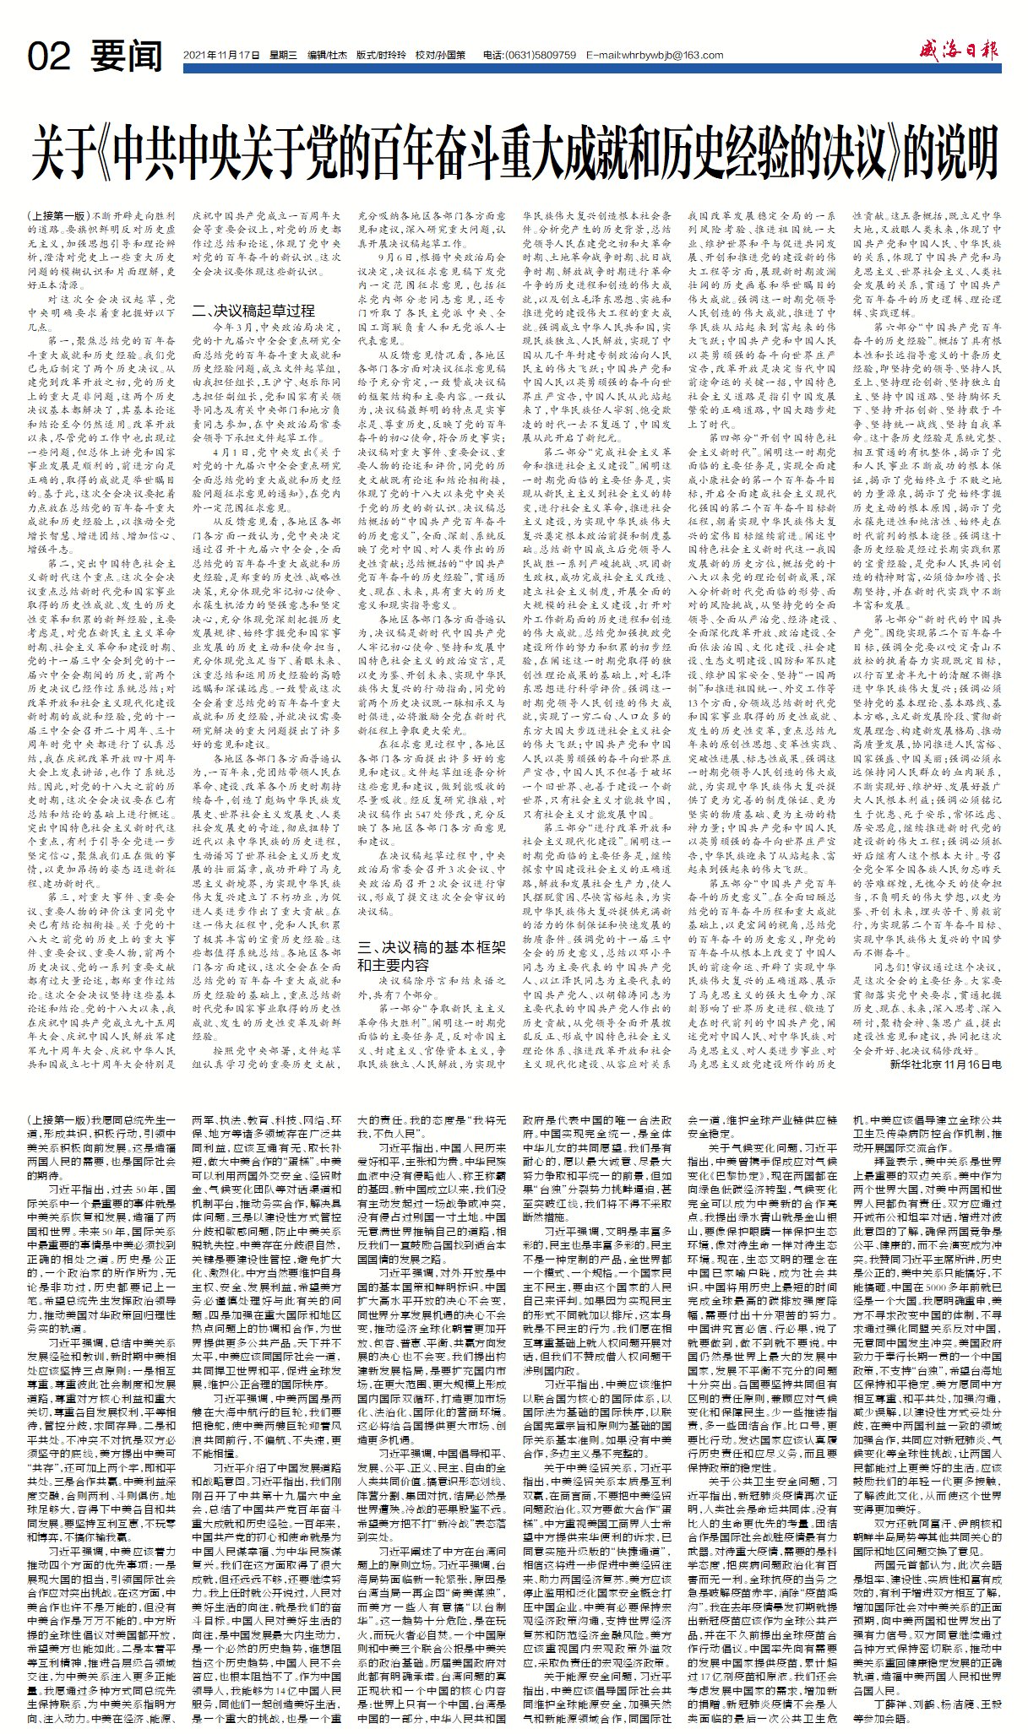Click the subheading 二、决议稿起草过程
coord(253,310)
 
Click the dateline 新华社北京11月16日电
coord(945,1065)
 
